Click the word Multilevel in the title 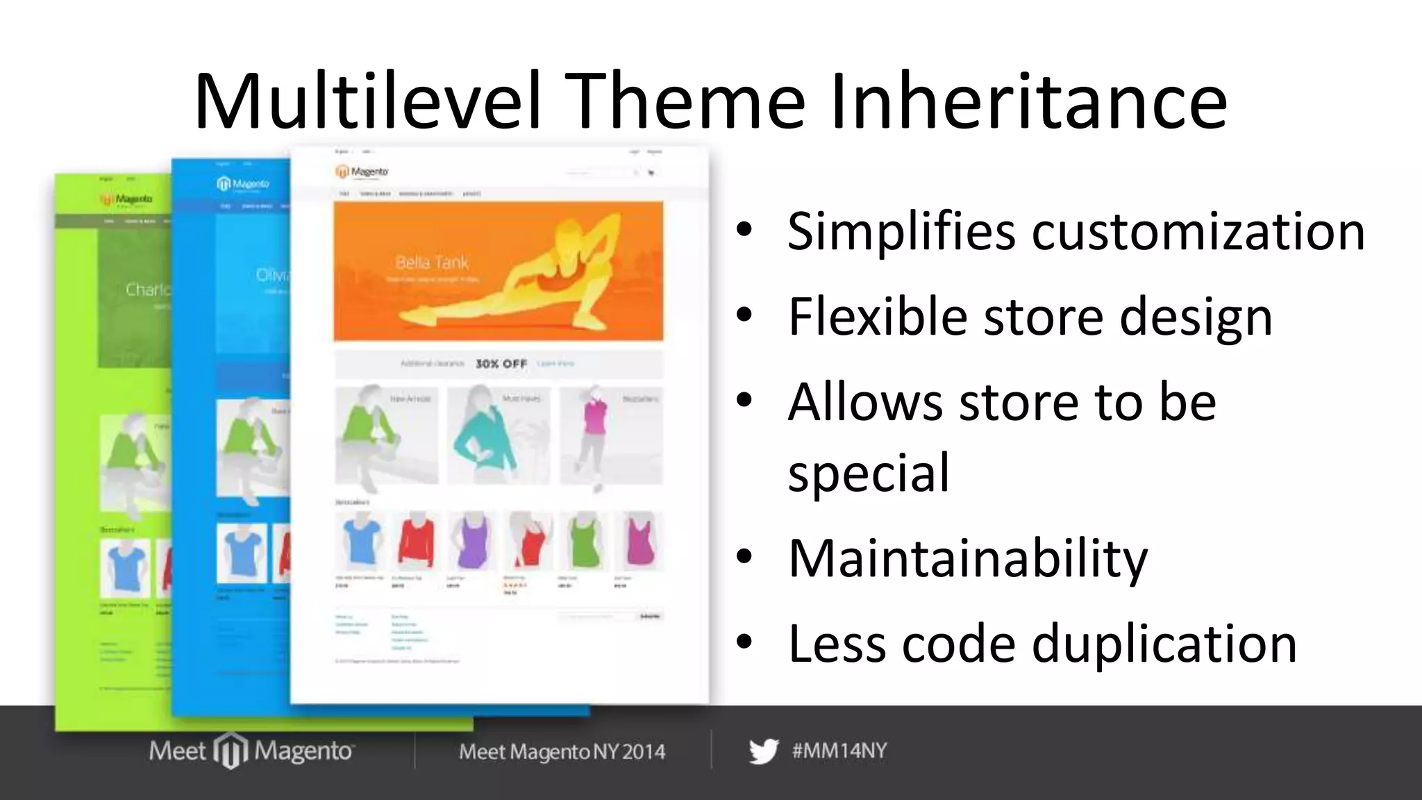[x=367, y=103]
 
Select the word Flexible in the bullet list [x=878, y=317]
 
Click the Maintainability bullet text [x=968, y=558]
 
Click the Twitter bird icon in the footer [x=763, y=751]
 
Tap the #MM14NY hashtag [x=839, y=751]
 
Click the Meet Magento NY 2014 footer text [x=562, y=751]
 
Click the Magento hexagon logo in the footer [x=230, y=751]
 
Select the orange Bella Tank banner [x=498, y=272]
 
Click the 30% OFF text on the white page [x=501, y=364]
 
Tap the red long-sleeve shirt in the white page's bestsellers [x=416, y=541]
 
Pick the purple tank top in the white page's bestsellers [x=472, y=541]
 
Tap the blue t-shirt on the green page [x=126, y=567]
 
